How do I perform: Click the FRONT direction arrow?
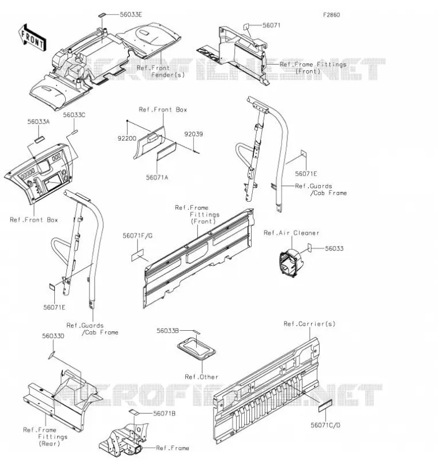point(32,38)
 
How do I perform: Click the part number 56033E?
point(130,15)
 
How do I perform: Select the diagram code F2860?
point(331,15)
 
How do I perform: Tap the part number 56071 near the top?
point(271,25)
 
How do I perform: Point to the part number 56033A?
point(39,122)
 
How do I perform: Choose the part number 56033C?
point(74,115)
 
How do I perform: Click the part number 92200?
point(127,138)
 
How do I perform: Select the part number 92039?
point(193,134)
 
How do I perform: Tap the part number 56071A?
point(157,177)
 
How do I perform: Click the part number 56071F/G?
point(138,236)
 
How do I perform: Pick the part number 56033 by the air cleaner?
point(334,248)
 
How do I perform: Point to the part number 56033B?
point(167,331)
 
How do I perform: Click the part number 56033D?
point(53,336)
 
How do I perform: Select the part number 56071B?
point(164,413)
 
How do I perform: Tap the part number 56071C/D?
point(325,425)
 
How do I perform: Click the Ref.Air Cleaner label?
point(291,233)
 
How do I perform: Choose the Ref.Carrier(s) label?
point(309,324)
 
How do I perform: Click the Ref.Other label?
point(201,377)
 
